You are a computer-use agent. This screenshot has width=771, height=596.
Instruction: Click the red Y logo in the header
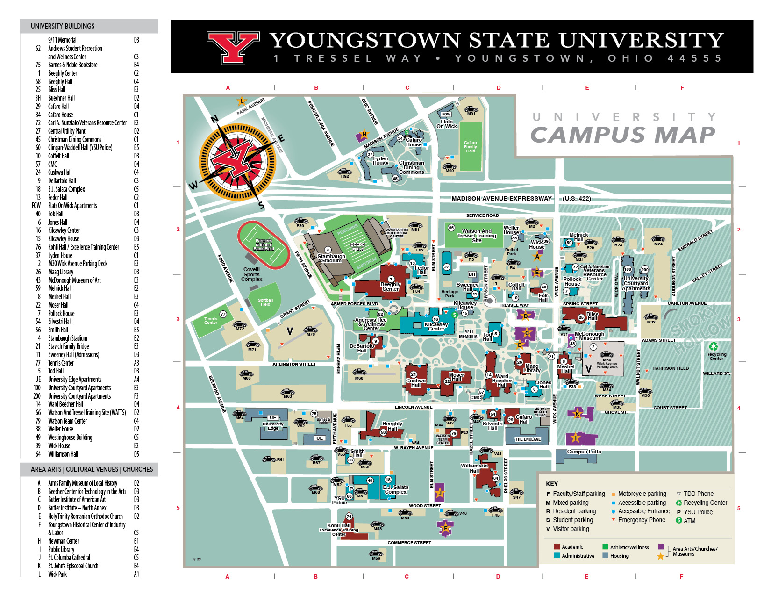(233, 47)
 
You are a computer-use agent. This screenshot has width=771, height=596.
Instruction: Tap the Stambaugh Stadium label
(331, 258)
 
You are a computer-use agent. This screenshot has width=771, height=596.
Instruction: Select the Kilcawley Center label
(436, 326)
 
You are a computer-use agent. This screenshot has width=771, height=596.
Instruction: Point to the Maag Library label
(532, 368)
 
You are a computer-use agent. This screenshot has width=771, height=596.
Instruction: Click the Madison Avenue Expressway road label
(501, 198)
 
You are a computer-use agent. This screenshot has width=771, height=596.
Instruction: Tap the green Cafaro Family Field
(471, 147)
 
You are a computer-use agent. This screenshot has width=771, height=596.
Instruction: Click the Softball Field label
(265, 302)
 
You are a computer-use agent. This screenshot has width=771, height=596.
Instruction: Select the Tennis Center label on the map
(211, 321)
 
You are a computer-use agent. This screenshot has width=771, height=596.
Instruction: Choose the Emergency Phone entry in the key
(641, 520)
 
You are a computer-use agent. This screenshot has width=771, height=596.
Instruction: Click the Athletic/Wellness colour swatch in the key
(605, 546)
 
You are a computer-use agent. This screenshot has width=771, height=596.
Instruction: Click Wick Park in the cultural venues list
(57, 574)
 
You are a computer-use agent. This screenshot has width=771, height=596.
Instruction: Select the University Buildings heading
(63, 26)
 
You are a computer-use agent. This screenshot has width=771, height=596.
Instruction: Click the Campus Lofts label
(584, 452)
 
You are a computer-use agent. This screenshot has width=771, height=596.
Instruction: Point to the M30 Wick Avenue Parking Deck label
(607, 363)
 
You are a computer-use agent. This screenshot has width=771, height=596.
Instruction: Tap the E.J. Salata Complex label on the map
(395, 489)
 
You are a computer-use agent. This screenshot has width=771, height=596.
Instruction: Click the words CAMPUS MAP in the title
(622, 135)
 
